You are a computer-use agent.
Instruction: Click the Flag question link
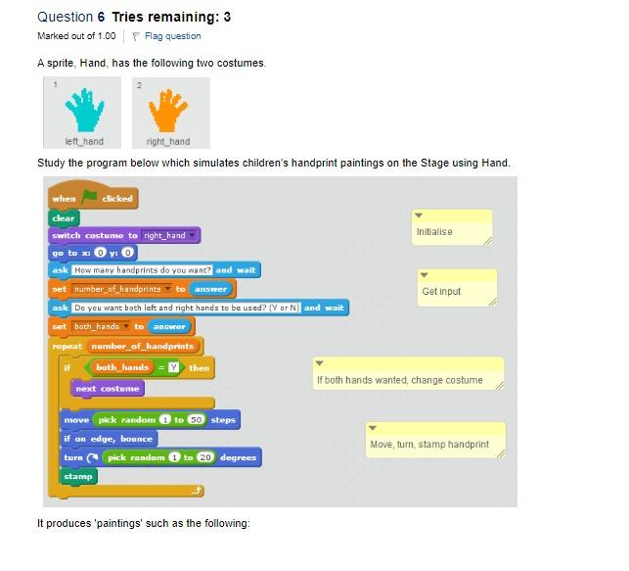click(x=172, y=36)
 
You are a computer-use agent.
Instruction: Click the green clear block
click(x=64, y=218)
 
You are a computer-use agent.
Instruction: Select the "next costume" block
click(x=109, y=389)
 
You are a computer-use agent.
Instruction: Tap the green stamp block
click(x=78, y=476)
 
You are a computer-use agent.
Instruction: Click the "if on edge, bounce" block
click(x=108, y=439)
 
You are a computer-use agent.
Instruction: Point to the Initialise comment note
click(x=451, y=232)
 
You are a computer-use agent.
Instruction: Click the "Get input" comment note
click(x=457, y=291)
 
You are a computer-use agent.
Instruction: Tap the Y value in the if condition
click(x=173, y=367)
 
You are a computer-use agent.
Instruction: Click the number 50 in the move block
click(x=196, y=420)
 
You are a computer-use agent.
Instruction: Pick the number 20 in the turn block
click(x=204, y=457)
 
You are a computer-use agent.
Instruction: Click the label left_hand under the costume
click(x=84, y=142)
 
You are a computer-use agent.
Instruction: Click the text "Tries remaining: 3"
click(x=171, y=17)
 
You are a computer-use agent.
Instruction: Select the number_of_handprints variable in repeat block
click(x=144, y=346)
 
